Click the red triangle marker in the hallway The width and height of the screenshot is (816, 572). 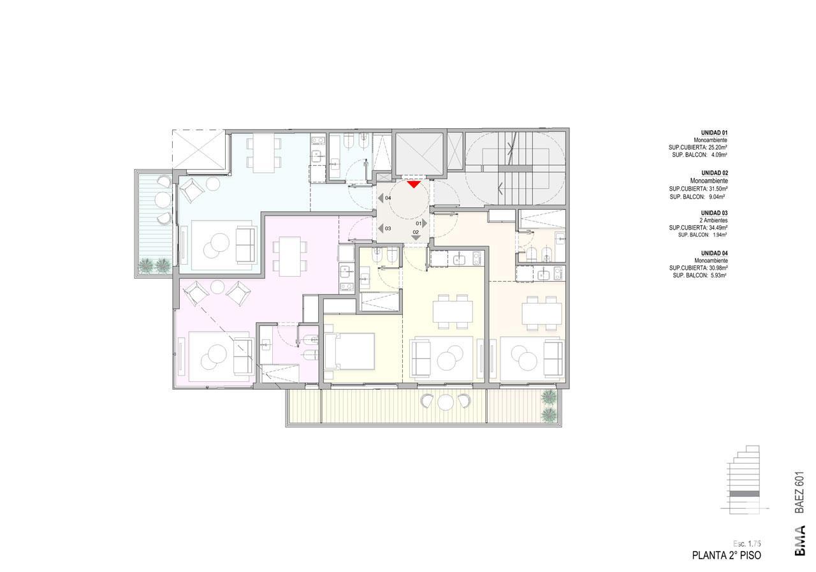[x=414, y=184]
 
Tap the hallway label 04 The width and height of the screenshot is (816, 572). [x=388, y=198]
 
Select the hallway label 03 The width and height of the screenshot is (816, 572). [x=388, y=228]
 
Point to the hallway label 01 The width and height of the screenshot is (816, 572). [x=419, y=223]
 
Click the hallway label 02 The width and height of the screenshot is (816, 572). [x=416, y=232]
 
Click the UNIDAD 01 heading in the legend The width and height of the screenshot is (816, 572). [x=715, y=133]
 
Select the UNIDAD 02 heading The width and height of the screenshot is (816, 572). [x=715, y=173]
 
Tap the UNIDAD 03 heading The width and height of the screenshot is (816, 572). [x=715, y=213]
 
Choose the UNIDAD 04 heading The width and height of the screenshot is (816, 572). [x=715, y=253]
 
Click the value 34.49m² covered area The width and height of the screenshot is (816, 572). [x=716, y=228]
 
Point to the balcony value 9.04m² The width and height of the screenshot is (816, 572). [x=716, y=197]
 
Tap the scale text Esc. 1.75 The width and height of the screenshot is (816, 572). [x=747, y=543]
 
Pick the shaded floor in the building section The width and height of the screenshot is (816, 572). [x=745, y=494]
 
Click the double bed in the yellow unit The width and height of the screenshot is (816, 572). [x=349, y=351]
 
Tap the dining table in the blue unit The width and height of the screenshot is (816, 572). [x=264, y=153]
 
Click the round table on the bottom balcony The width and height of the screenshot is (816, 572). [x=444, y=403]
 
